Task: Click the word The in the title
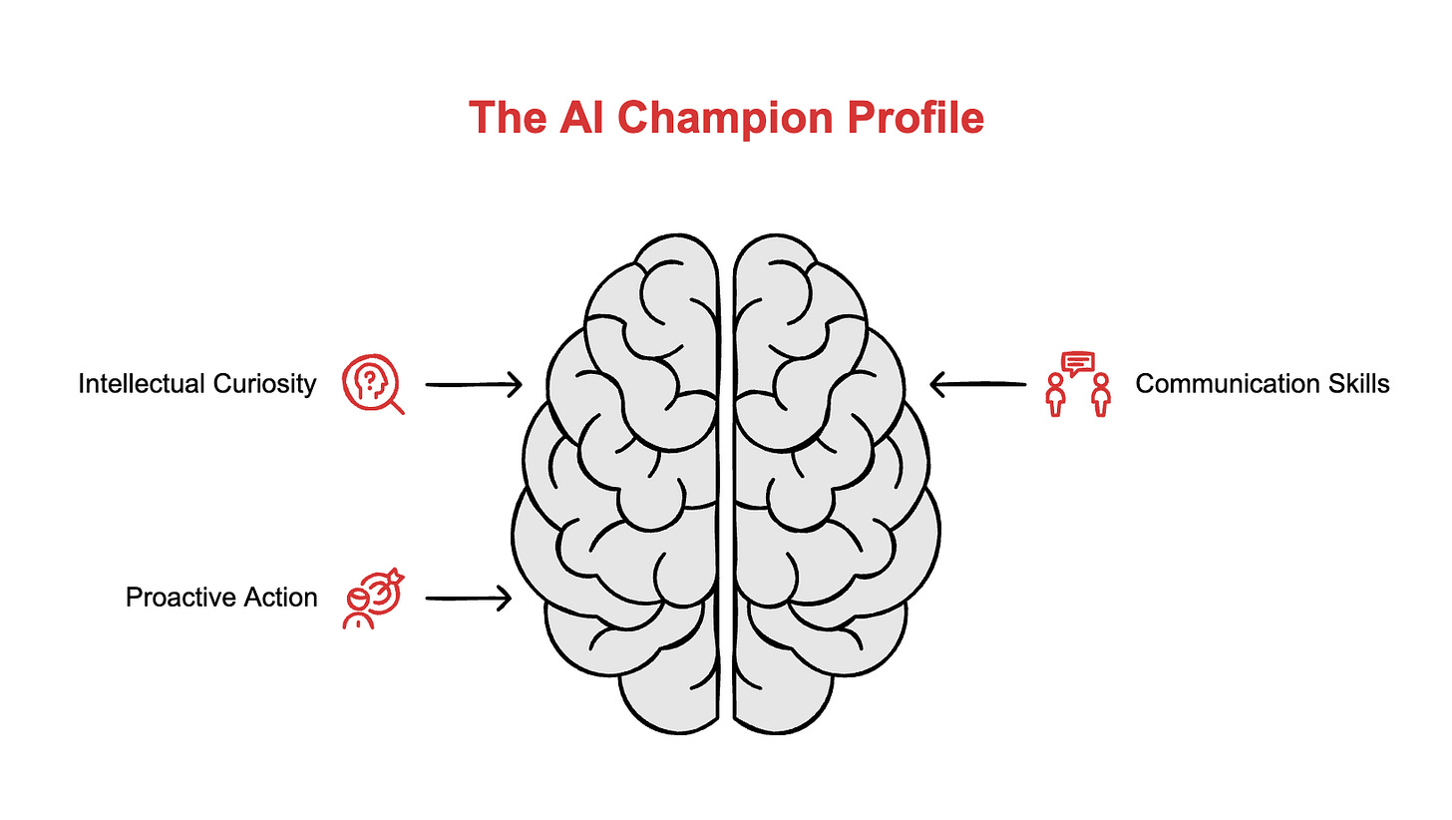507,117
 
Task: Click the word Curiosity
267,383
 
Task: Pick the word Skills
1356,383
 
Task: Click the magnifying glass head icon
372,384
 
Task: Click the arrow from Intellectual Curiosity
474,383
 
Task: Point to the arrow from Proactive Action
469,598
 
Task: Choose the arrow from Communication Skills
977,383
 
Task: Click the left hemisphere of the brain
628,479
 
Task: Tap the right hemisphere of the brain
828,479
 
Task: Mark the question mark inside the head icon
369,379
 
